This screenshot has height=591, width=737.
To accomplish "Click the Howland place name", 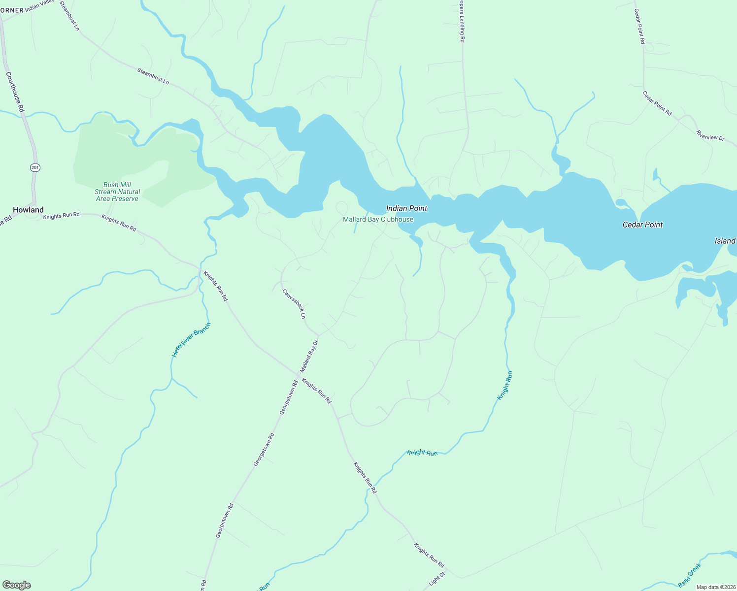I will (x=28, y=210).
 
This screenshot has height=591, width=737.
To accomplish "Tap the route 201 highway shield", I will (x=34, y=167).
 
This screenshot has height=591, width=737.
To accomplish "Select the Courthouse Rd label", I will (x=15, y=92).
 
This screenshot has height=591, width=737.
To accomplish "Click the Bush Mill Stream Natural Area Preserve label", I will (x=117, y=192).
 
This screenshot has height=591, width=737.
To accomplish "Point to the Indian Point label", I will (x=406, y=208).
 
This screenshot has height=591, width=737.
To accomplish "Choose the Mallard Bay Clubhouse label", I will (x=378, y=219).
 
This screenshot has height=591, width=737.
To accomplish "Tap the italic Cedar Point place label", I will (x=642, y=225).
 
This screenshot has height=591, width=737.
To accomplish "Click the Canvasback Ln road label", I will (x=294, y=303).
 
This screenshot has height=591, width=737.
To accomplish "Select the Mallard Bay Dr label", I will (x=309, y=356).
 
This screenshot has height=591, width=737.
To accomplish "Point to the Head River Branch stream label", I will (x=191, y=340).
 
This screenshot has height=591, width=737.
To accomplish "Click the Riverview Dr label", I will (x=710, y=135).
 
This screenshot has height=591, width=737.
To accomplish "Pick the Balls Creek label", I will (x=689, y=575).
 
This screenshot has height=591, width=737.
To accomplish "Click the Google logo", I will (x=17, y=585).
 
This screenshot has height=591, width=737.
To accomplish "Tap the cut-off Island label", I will (x=725, y=241).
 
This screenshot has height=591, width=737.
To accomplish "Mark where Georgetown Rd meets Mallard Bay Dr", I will (x=299, y=376).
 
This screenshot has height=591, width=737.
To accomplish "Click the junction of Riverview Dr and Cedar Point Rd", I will (x=679, y=119).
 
